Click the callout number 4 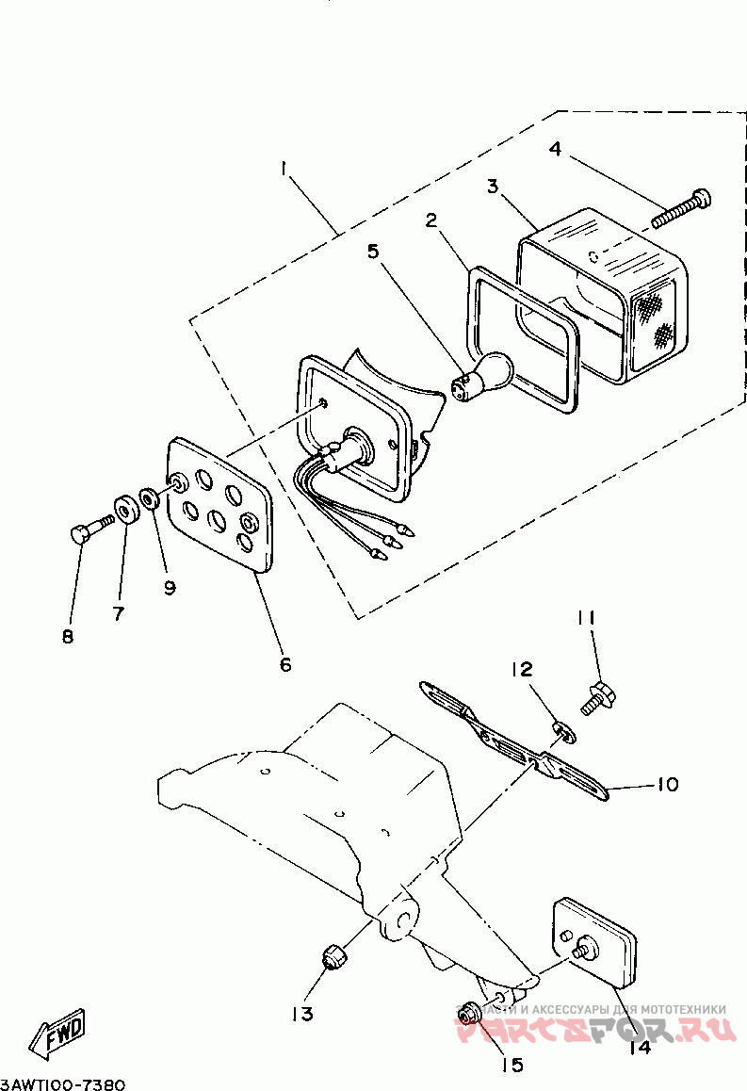click(555, 150)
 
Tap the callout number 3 click(492, 186)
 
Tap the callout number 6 click(284, 664)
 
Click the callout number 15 click(511, 1065)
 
